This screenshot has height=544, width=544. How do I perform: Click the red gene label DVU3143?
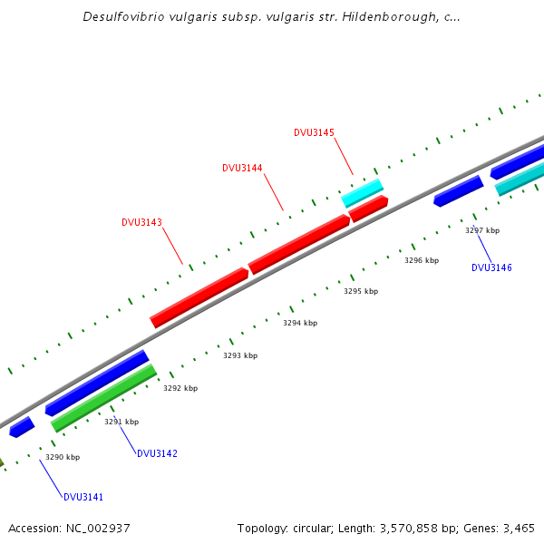[x=141, y=222]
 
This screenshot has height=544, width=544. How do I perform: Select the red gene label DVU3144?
[x=242, y=168]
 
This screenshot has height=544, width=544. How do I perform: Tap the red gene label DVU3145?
[x=314, y=132]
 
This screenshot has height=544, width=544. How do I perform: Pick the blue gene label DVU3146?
[x=491, y=267]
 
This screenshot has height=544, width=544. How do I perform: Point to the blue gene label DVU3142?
[x=157, y=453]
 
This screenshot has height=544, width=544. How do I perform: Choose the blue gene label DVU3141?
[x=83, y=497]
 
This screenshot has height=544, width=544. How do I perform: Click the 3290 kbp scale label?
[x=63, y=457]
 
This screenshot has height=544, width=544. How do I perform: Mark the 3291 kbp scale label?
[x=121, y=422]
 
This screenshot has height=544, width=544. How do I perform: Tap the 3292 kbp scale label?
[x=180, y=388]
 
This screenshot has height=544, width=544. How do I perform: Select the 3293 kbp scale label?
[x=240, y=355]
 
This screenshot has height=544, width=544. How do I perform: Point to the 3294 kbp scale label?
[x=300, y=323]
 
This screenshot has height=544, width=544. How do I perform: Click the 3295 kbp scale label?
[x=361, y=291]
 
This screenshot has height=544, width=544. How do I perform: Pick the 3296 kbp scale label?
[x=422, y=260]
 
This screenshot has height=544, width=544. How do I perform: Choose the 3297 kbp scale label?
[x=482, y=230]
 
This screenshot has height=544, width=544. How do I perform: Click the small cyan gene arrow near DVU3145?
[x=362, y=192]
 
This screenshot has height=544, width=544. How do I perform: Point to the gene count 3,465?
[x=519, y=528]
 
